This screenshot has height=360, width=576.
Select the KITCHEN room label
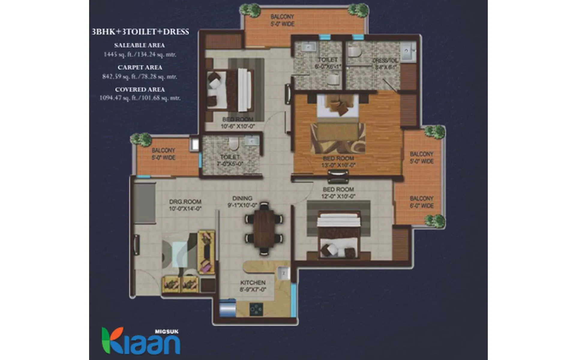[253, 283]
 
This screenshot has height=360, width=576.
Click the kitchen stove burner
[256, 309]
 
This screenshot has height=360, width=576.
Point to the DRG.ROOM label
[185, 202]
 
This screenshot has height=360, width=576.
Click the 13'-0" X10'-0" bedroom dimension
[338, 165]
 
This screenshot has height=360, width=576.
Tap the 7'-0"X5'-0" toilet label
[230, 164]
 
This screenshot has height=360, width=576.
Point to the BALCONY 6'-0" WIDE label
[421, 202]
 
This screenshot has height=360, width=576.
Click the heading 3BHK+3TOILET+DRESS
[140, 32]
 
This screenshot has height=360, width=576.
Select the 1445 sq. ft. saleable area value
[140, 55]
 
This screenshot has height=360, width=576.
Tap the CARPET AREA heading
[140, 67]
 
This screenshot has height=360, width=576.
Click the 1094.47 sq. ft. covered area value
[140, 98]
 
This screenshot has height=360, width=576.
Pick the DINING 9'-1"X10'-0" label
[242, 202]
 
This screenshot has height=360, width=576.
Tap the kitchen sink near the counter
[283, 273]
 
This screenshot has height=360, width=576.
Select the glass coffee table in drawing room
[180, 253]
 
